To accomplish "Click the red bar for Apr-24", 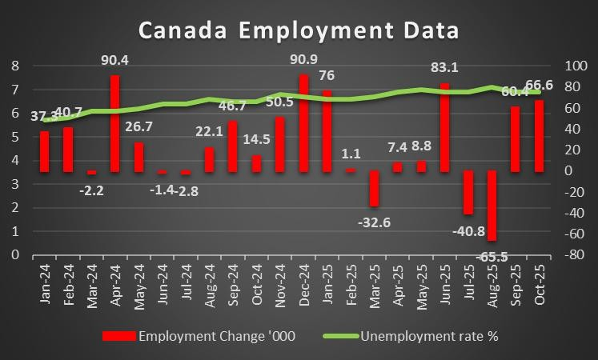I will click(115, 123).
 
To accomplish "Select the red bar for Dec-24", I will click(303, 122).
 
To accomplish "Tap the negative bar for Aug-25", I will click(492, 205).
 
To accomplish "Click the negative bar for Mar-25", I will click(374, 188).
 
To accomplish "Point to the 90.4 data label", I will click(115, 59).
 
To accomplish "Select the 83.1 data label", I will click(445, 67).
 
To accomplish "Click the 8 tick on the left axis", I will click(14, 66).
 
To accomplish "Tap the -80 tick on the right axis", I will click(574, 254).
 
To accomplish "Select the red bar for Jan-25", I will click(327, 130).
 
